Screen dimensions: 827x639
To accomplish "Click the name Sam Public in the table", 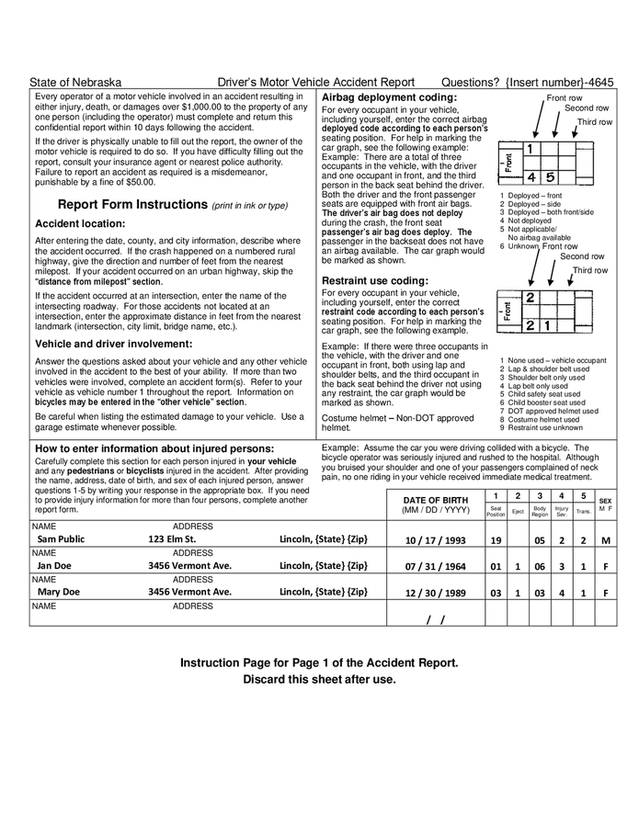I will (x=61, y=539).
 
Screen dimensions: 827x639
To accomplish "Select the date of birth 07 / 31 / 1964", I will (x=435, y=566).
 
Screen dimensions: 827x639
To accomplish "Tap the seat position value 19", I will (x=496, y=540).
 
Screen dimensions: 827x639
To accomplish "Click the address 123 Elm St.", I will (x=172, y=539).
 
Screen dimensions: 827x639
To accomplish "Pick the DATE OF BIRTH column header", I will (x=435, y=500).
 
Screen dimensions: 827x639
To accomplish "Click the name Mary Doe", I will (x=58, y=592).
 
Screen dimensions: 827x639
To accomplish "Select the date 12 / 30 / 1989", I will (x=435, y=593).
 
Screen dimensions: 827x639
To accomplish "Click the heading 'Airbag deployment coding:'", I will (x=389, y=97).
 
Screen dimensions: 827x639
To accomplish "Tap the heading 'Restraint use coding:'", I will (x=374, y=280).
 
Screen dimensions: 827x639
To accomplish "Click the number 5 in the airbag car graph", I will (x=550, y=176).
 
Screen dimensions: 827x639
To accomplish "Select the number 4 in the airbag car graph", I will (x=531, y=176).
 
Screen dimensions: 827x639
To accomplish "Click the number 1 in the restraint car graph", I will (x=548, y=325).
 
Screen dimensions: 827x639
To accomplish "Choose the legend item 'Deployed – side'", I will (x=533, y=203).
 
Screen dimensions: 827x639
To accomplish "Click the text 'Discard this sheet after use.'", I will (x=319, y=679).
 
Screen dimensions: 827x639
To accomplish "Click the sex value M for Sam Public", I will (x=605, y=540).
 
